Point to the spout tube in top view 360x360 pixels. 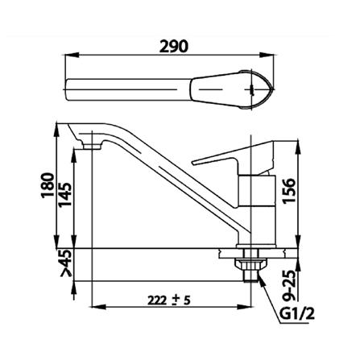pyautogui.click(x=129, y=85)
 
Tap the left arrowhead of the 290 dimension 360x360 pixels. pyautogui.click(x=68, y=56)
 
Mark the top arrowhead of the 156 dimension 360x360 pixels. pyautogui.click(x=299, y=141)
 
